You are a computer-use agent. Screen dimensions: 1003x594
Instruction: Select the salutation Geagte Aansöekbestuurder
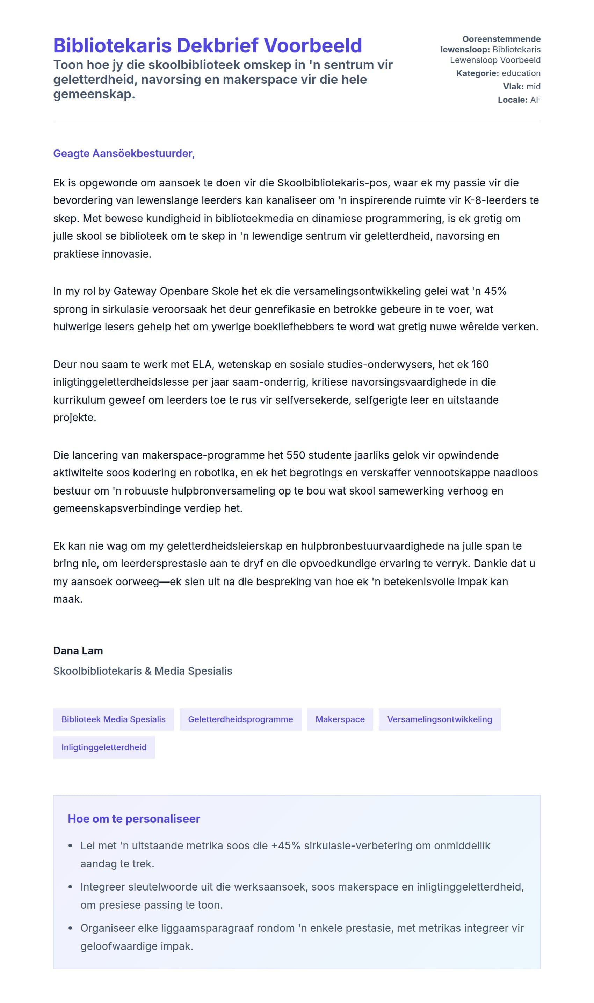pos(124,154)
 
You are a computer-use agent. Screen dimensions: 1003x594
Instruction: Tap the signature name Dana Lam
pos(78,651)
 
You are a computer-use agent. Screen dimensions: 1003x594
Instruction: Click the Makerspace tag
pos(340,719)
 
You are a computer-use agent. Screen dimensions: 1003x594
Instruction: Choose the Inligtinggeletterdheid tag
pos(104,747)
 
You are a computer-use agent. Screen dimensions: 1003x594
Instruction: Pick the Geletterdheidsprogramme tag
pos(240,719)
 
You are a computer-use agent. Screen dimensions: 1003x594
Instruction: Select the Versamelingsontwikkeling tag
pos(440,719)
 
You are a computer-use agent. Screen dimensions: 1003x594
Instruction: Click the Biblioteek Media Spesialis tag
pos(113,719)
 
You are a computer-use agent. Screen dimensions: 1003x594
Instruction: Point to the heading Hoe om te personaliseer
pos(134,819)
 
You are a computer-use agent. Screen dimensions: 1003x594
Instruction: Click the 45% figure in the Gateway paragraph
pos(495,291)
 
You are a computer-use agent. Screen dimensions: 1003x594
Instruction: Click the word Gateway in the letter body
pos(135,291)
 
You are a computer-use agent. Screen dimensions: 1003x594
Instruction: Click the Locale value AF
pos(535,100)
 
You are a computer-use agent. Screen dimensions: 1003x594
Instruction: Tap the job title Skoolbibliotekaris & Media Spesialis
pos(143,671)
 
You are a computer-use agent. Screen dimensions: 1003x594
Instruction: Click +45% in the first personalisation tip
pos(285,845)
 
